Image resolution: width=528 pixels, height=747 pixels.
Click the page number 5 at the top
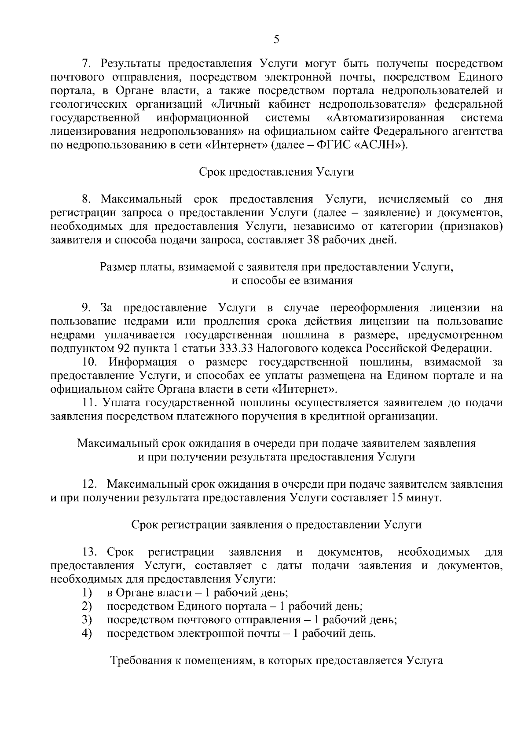tap(276, 40)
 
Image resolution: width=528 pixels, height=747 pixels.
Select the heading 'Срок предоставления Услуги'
tap(276, 172)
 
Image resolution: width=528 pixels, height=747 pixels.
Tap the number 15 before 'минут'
tap(395, 498)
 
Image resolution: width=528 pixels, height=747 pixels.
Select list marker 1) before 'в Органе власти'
tap(87, 592)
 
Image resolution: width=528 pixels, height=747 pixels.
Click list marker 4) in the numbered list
tap(87, 634)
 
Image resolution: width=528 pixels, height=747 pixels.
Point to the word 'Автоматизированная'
tap(385, 118)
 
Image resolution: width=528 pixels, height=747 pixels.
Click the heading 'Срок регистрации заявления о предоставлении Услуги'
tap(276, 525)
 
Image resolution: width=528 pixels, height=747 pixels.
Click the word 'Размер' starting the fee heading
tap(115, 267)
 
